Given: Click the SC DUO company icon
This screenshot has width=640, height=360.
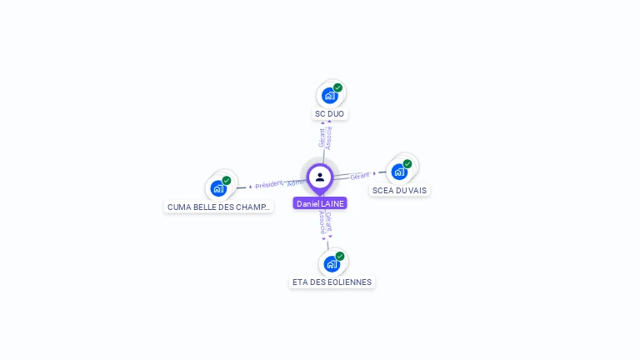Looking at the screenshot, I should tap(329, 95).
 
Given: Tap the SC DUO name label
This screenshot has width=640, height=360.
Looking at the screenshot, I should tap(329, 113).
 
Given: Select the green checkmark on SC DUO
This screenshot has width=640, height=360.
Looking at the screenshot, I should tap(337, 87).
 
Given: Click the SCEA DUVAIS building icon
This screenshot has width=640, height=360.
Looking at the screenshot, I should tap(399, 172).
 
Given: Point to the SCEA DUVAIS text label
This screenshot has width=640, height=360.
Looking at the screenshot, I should tap(399, 190).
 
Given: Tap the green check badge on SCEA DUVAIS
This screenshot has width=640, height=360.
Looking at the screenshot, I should tap(407, 164).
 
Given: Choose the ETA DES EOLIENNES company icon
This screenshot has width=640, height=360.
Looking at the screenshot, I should tap(332, 264).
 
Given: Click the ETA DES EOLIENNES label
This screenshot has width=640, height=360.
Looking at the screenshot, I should tap(332, 282).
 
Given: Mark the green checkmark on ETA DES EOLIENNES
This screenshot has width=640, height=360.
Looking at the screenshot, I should tap(340, 257).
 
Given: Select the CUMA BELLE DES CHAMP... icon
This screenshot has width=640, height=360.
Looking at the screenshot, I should tap(218, 188).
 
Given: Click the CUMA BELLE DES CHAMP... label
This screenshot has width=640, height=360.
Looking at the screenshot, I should tap(218, 207).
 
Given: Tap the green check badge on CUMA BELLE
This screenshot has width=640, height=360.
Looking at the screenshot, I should tap(227, 181).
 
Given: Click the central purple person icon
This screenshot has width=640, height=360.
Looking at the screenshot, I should tap(320, 177).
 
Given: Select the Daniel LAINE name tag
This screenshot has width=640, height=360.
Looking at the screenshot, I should tap(320, 203).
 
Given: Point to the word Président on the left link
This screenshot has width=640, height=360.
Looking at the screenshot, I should tap(268, 184).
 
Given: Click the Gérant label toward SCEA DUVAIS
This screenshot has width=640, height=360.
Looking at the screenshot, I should tap(360, 176).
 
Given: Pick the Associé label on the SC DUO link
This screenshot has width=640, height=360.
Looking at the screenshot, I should tap(329, 137).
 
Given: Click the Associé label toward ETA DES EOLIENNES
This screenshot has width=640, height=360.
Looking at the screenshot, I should tap(322, 222).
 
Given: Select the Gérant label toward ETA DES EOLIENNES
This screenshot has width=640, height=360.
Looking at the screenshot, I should tap(329, 220).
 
